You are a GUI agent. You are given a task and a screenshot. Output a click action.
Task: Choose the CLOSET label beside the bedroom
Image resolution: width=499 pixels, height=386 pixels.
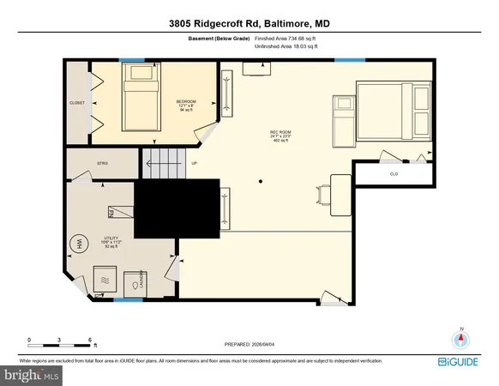(x=76, y=103)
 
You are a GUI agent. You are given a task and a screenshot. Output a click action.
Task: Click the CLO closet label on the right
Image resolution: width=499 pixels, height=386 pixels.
(x=394, y=174)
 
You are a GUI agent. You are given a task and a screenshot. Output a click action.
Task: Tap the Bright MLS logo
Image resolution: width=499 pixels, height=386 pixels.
(x=33, y=375)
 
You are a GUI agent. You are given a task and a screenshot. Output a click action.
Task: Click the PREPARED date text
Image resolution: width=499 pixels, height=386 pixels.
(x=249, y=346)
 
